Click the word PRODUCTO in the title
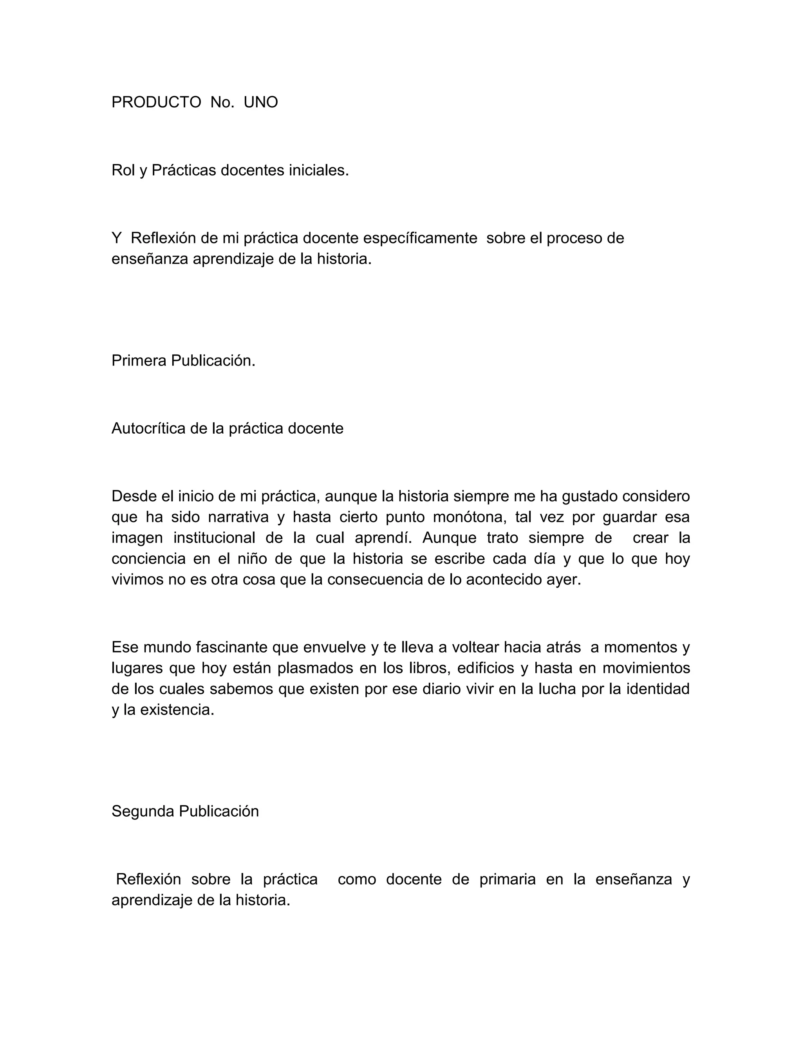tap(156, 102)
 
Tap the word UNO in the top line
tap(260, 102)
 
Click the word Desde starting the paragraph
tap(134, 496)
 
